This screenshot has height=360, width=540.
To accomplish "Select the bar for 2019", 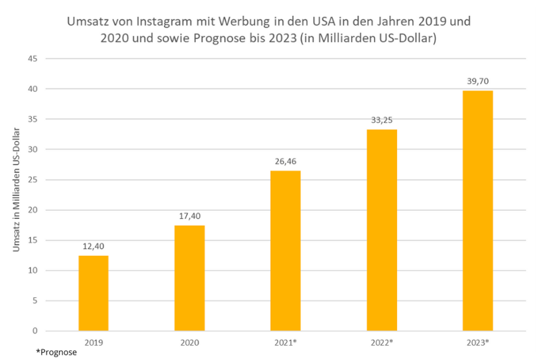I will [x=93, y=293].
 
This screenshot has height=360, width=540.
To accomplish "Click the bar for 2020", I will [x=190, y=278].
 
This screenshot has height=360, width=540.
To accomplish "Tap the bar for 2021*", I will [x=286, y=251].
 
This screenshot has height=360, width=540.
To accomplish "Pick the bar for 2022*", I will [x=381, y=230].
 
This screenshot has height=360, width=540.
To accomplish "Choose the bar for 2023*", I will [x=477, y=211].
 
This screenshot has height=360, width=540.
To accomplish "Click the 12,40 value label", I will [x=93, y=247].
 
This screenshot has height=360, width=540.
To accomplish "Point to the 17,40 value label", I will [x=190, y=217].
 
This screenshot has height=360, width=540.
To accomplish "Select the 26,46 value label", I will [x=286, y=162].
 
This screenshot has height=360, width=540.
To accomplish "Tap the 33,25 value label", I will [x=381, y=121].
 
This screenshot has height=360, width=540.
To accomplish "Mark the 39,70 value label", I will [x=477, y=82].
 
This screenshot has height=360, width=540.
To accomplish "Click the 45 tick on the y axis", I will [x=32, y=59].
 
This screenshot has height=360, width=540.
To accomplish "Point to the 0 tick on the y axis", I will [x=34, y=331].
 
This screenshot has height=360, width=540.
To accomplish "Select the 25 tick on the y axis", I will [x=32, y=180].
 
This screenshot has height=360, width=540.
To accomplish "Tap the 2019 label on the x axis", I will [x=93, y=342].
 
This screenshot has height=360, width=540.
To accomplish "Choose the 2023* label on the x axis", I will [x=477, y=342].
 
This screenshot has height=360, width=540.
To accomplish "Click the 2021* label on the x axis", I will [x=286, y=342].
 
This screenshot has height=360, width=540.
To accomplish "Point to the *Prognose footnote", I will [x=57, y=353].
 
